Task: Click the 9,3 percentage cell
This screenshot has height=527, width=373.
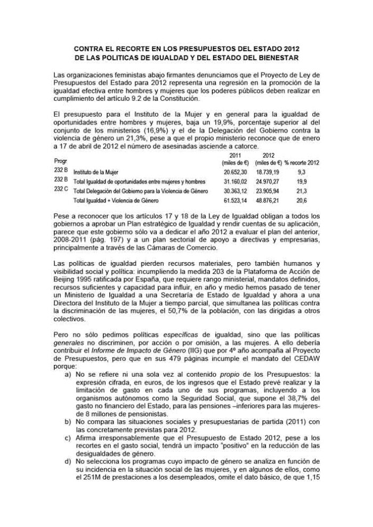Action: [302, 172]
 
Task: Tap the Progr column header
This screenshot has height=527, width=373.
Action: [61, 161]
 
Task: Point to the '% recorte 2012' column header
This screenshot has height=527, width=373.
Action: [302, 161]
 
